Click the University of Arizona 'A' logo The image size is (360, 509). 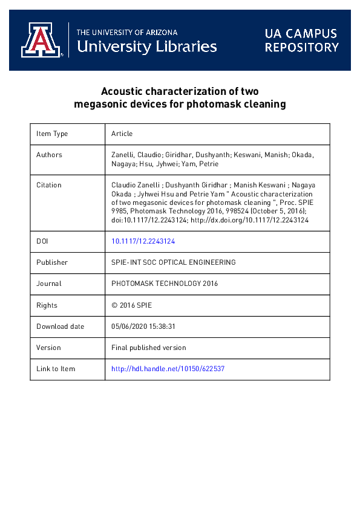click(41, 41)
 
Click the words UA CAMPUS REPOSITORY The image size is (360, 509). click(301, 41)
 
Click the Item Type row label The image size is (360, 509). click(52, 134)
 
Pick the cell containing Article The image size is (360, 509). click(122, 134)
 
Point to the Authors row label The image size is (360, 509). click(49, 155)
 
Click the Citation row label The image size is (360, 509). click(49, 185)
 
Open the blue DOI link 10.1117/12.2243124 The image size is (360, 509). click(143, 241)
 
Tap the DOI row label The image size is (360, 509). click(42, 241)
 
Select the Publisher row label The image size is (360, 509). click(52, 262)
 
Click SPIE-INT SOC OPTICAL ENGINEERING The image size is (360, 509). click(174, 262)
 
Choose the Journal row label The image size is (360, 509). click(48, 284)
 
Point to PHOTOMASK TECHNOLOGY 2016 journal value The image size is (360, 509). click(165, 284)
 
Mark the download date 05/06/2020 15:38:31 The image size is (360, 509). click(143, 326)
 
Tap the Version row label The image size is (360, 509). click(48, 348)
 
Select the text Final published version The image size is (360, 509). click(149, 348)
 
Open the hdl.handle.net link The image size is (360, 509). click(168, 369)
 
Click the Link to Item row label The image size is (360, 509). click(56, 369)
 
